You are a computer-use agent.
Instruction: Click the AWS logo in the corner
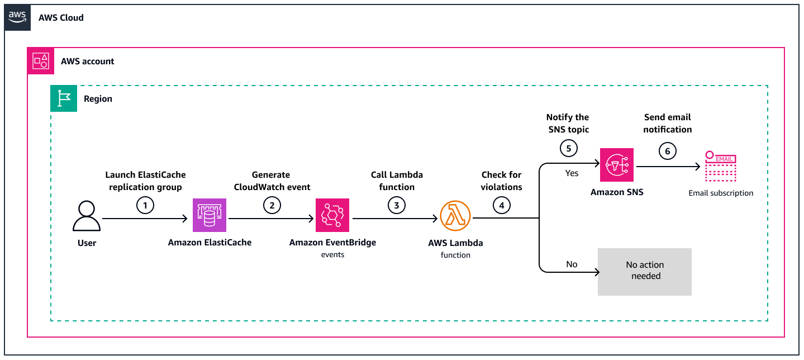point(17,17)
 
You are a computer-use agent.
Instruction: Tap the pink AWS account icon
point(41,61)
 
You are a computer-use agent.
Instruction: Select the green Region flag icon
point(64,98)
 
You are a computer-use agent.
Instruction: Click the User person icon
point(87,216)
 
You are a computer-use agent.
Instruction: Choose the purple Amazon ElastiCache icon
point(210,215)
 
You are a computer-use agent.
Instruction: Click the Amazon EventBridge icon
point(332,215)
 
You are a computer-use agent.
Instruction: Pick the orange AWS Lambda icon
point(455,216)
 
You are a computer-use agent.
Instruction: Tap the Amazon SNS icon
point(617,165)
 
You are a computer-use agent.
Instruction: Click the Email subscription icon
point(721,167)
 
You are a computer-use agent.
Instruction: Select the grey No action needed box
point(645,272)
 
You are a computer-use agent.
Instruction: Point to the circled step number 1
point(145,206)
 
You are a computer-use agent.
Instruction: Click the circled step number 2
point(272,206)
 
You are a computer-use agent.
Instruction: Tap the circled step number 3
point(396,206)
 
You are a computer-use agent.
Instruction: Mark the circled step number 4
point(501,206)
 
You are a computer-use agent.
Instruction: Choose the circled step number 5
point(568,150)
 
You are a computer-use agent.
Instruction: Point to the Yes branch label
point(572,173)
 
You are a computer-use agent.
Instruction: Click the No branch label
point(572,264)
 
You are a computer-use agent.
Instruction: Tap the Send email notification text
point(667,123)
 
